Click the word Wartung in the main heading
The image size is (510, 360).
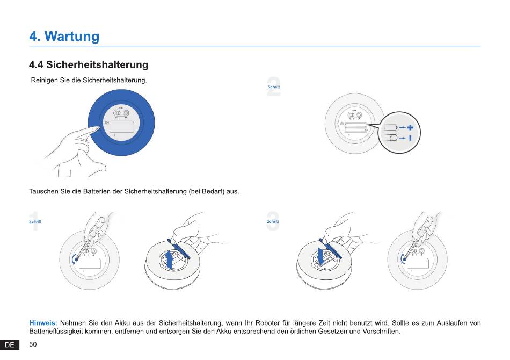72,36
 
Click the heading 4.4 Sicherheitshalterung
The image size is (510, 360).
89,64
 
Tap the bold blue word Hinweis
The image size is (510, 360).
43,323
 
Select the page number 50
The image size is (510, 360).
33,344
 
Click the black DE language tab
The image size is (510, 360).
10,345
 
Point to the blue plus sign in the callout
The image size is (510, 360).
410,127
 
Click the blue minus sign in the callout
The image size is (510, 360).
410,138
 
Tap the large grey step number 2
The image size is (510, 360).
274,87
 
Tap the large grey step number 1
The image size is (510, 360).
34,221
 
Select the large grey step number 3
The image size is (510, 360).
273,221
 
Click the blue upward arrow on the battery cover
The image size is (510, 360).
169,260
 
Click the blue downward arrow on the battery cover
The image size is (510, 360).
321,257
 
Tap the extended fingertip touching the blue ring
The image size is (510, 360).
96,128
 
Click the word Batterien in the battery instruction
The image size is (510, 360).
97,191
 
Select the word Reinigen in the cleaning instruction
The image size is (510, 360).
44,81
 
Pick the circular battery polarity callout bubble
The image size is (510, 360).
399,133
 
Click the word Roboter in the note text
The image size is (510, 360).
268,323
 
